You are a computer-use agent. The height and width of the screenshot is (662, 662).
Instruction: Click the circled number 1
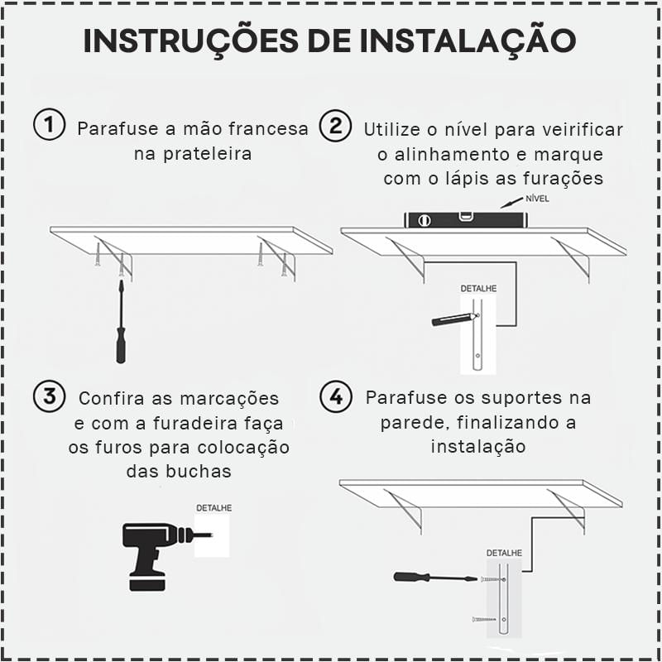pyautogui.click(x=50, y=125)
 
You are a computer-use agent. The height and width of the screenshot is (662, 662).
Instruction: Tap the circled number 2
pyautogui.click(x=335, y=126)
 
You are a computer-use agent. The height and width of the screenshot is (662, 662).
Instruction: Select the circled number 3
pyautogui.click(x=50, y=396)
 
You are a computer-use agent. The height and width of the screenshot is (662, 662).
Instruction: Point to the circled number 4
pyautogui.click(x=336, y=396)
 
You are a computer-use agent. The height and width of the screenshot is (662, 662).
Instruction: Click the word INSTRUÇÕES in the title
pyautogui.click(x=191, y=41)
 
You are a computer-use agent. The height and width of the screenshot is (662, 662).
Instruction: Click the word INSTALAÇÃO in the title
pyautogui.click(x=468, y=41)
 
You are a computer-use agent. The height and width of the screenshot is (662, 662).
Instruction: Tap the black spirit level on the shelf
pyautogui.click(x=466, y=220)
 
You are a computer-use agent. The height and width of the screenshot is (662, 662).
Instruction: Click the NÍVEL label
pyautogui.click(x=537, y=199)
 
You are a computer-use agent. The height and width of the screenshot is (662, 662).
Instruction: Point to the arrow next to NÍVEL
pyautogui.click(x=511, y=203)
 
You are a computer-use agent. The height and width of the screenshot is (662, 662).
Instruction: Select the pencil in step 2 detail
pyautogui.click(x=455, y=319)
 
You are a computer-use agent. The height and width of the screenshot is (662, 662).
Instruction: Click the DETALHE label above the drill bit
pyautogui.click(x=214, y=508)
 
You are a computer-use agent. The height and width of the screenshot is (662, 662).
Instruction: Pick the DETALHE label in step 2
pyautogui.click(x=478, y=289)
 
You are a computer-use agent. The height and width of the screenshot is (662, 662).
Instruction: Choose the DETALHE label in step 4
pyautogui.click(x=504, y=553)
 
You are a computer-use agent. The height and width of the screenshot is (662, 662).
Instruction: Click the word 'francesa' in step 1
pyautogui.click(x=268, y=129)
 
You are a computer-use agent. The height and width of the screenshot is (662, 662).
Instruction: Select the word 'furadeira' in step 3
pyautogui.click(x=194, y=423)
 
